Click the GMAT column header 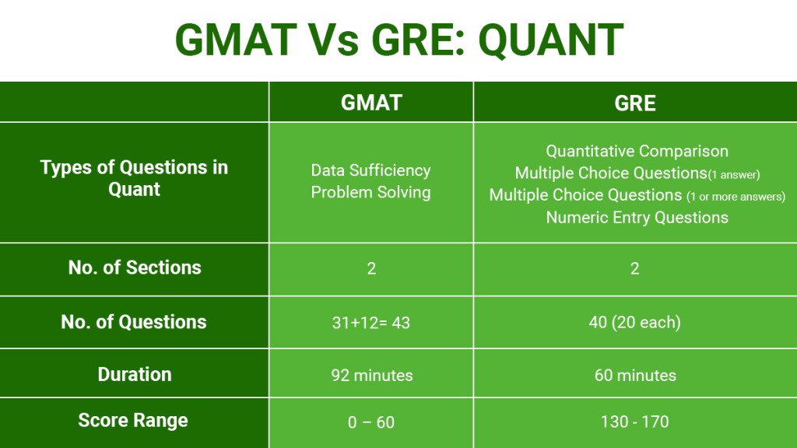click(371, 103)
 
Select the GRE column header click(635, 103)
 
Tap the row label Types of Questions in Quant click(134, 178)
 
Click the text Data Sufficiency click(370, 170)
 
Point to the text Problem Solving click(370, 192)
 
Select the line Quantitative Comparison click(637, 151)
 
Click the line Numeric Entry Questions click(637, 218)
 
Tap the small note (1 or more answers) click(737, 197)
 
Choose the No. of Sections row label click(134, 268)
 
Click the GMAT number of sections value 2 click(371, 268)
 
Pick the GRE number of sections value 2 click(635, 268)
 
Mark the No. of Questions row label click(134, 322)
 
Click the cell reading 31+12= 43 click(371, 322)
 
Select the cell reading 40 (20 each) click(635, 322)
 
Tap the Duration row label click(134, 374)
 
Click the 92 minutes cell click(371, 375)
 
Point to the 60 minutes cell click(635, 375)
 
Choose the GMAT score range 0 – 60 click(371, 422)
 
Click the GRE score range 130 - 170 click(635, 422)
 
